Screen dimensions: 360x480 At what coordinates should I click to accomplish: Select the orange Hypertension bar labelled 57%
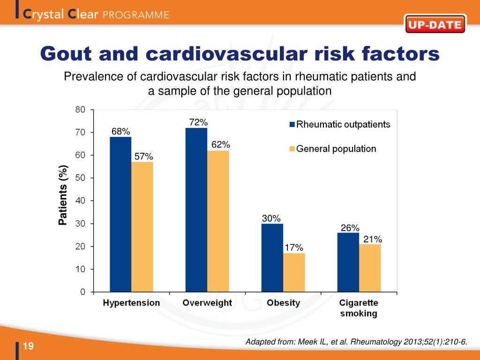[x=142, y=227]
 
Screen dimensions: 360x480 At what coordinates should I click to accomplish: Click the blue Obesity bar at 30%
[x=272, y=258]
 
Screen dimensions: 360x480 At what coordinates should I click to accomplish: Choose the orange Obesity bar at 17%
[x=294, y=272]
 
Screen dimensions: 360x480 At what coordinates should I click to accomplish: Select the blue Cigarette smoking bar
[x=348, y=262]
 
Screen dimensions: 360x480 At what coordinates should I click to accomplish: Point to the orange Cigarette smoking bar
[x=370, y=268]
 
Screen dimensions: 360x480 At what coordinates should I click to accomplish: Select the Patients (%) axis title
[x=63, y=195]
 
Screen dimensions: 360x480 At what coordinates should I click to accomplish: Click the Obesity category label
[x=283, y=303]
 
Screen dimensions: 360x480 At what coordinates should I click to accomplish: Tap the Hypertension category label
[x=131, y=303]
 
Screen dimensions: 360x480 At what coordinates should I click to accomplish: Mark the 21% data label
[x=373, y=240]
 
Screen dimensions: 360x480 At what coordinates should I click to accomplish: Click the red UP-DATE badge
[x=435, y=25]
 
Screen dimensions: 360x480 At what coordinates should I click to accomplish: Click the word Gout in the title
[x=65, y=54]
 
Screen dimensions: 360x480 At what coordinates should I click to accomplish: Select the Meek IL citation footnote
[x=356, y=343]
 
